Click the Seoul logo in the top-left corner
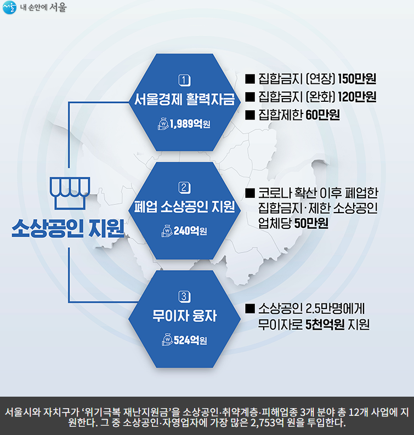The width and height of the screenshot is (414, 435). [10, 8]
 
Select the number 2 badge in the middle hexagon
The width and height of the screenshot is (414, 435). [185, 188]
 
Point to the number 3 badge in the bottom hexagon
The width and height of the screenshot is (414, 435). [185, 297]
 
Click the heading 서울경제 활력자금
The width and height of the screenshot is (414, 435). [185, 99]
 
